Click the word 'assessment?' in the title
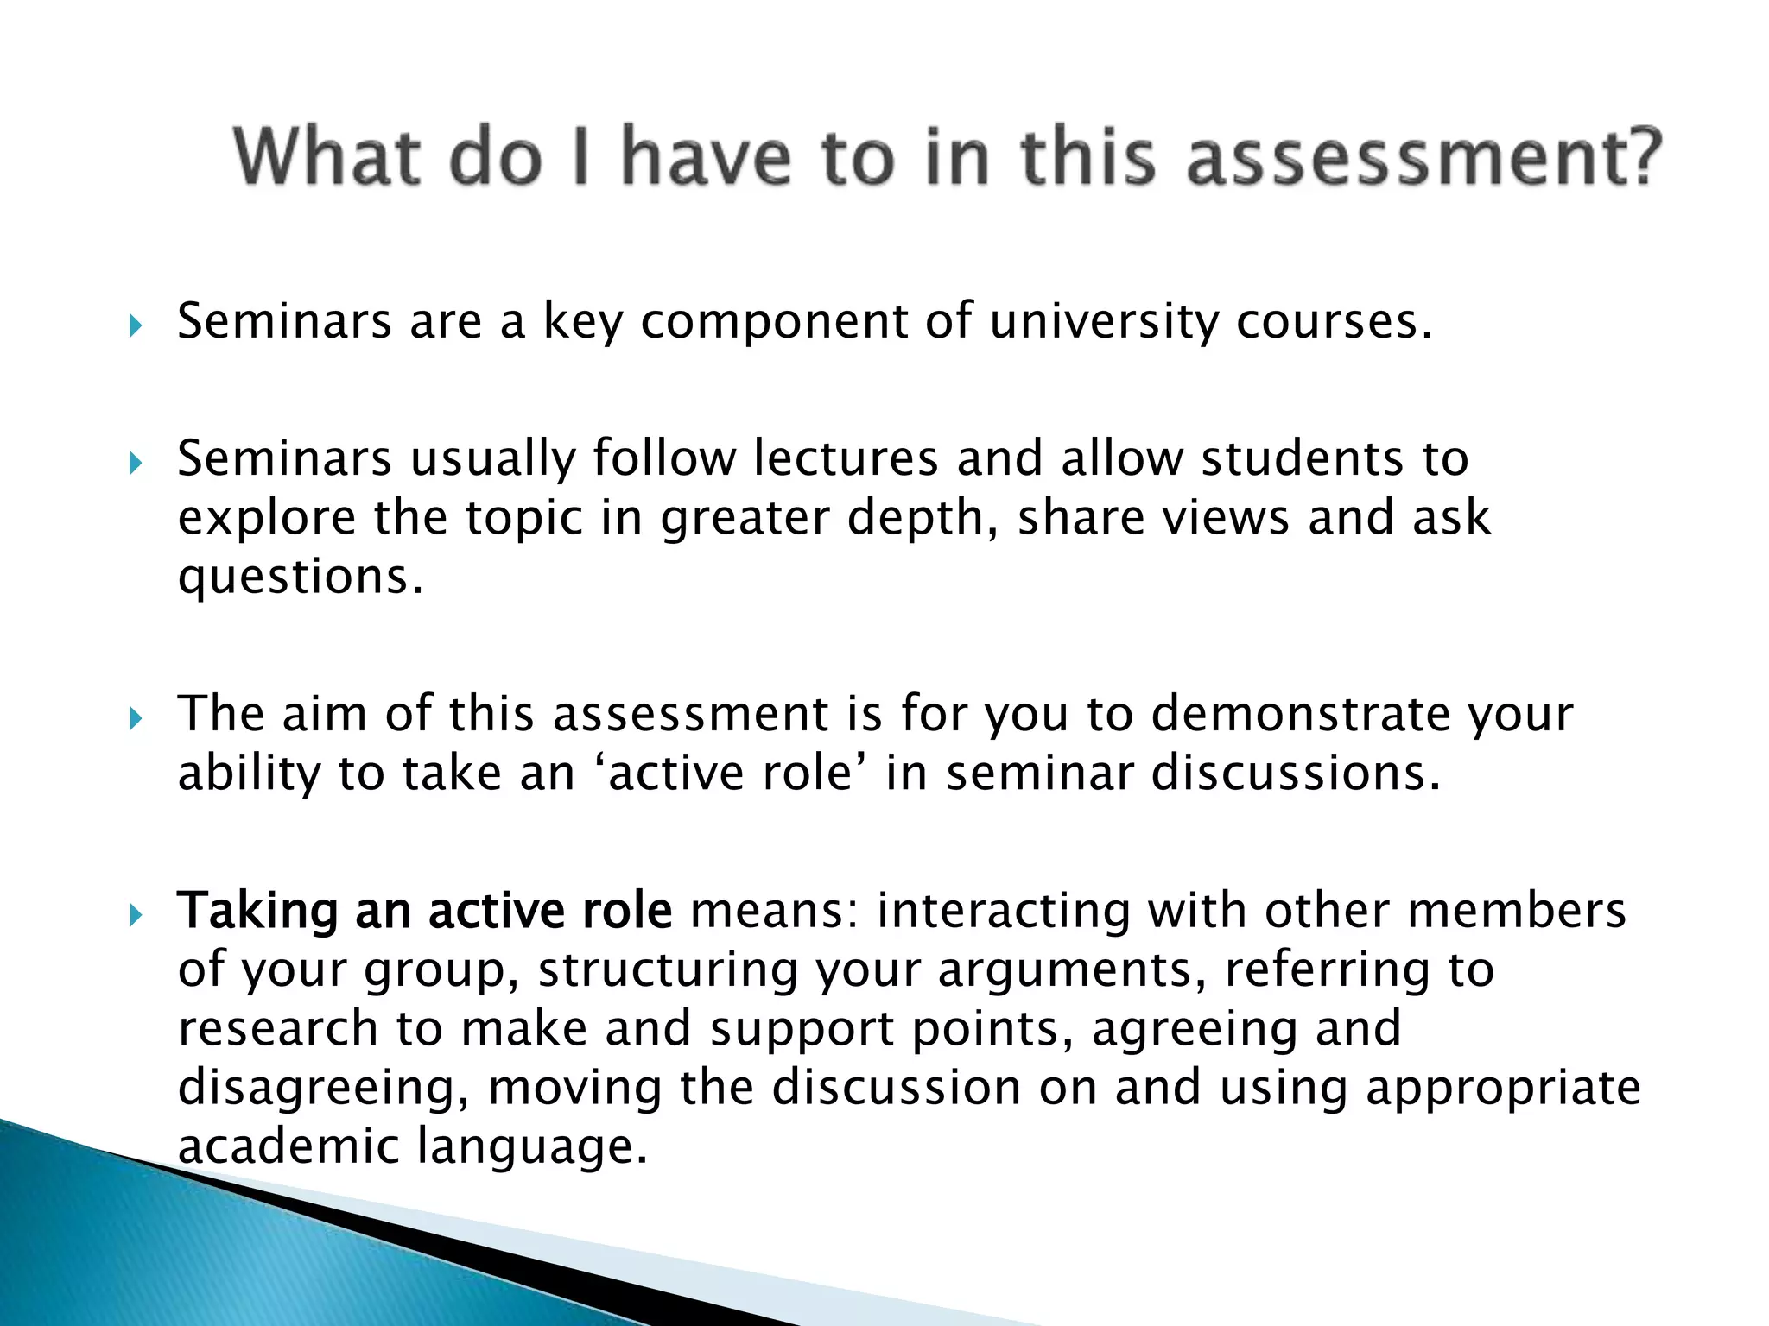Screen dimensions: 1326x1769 pyautogui.click(x=1423, y=157)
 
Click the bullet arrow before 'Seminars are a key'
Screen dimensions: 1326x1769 pyautogui.click(x=134, y=325)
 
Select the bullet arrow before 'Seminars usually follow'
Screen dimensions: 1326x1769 pyautogui.click(x=134, y=464)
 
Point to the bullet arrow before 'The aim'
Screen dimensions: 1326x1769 pyautogui.click(x=134, y=718)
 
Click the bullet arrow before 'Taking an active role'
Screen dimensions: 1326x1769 pyautogui.click(x=134, y=914)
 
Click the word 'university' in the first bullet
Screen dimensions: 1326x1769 pyautogui.click(x=1102, y=323)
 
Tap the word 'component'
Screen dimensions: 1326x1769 pyautogui.click(x=774, y=323)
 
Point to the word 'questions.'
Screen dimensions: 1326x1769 pyautogui.click(x=301, y=577)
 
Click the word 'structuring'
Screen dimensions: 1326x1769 pyautogui.click(x=669, y=970)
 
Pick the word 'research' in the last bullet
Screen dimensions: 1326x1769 pyautogui.click(x=278, y=1029)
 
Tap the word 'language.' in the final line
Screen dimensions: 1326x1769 pyautogui.click(x=532, y=1146)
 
